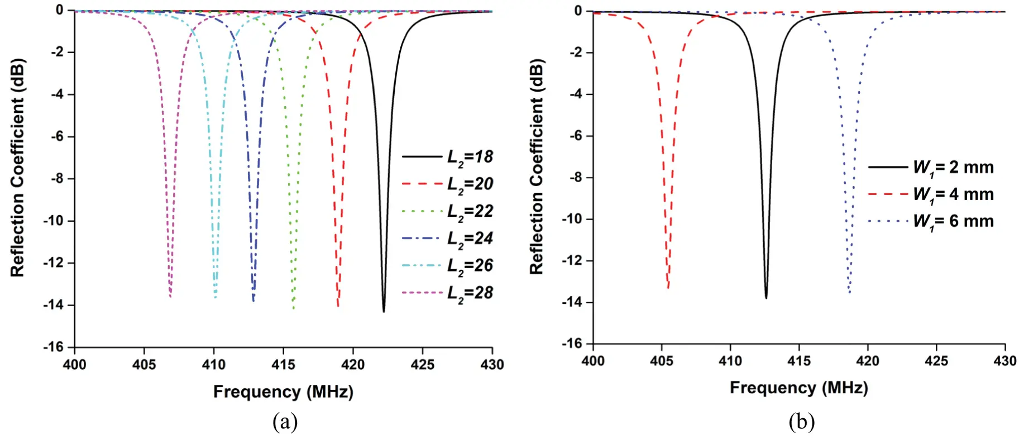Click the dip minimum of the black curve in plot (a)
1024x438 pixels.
coord(384,311)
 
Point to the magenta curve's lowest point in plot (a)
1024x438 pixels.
coord(170,296)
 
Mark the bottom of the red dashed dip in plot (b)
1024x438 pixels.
coord(668,287)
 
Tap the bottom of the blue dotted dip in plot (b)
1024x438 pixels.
coord(849,292)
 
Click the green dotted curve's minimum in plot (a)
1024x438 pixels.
coord(293,308)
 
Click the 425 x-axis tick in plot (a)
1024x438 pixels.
coord(422,365)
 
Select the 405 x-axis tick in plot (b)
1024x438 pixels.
coord(662,361)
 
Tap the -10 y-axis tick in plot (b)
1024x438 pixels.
coord(572,218)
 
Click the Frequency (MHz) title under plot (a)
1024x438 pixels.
coord(283,392)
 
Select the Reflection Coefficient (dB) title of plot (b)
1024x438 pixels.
coord(537,166)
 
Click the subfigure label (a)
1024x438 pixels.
coord(285,422)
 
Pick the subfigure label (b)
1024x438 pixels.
coord(802,422)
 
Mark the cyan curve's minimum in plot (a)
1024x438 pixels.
coord(216,297)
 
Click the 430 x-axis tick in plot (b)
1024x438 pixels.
coord(1004,361)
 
